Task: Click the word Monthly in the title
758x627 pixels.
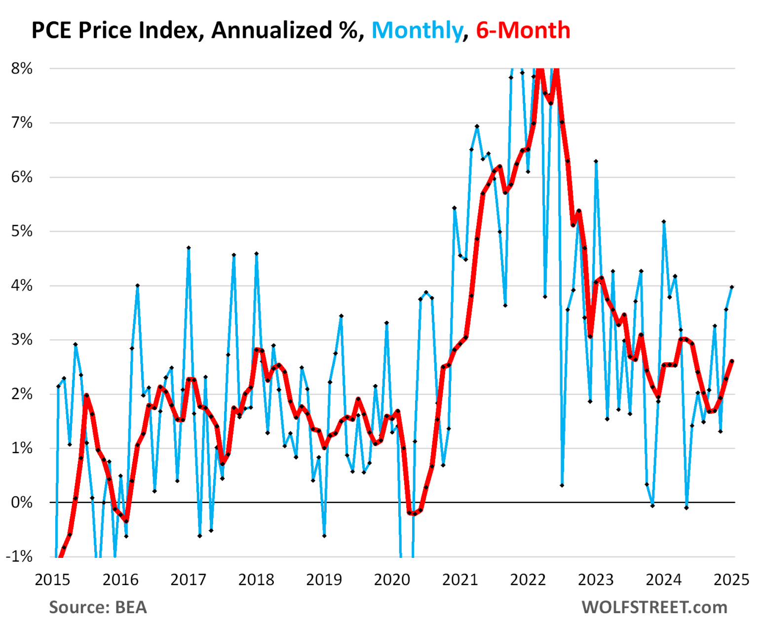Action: point(417,31)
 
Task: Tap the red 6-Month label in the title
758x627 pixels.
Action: point(523,31)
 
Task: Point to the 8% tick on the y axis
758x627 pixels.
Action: point(22,69)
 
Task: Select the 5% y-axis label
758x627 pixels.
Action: point(22,231)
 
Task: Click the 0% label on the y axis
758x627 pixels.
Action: point(22,503)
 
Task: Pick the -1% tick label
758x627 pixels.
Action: point(19,556)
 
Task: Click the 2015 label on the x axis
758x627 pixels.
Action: point(52,580)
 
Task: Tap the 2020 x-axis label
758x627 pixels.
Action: point(392,580)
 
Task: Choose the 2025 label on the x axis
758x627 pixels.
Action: point(731,580)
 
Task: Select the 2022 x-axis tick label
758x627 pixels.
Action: point(528,580)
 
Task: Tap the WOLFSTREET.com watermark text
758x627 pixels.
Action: point(654,607)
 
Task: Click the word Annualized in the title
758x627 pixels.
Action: point(272,31)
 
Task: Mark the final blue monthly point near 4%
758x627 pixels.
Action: point(732,287)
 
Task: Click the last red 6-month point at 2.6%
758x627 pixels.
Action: point(732,361)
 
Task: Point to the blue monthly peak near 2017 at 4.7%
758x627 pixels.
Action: point(189,248)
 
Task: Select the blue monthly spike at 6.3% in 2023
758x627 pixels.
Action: point(596,161)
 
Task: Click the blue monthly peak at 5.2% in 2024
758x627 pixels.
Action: point(664,222)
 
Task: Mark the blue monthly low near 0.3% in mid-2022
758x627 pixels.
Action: point(562,485)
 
